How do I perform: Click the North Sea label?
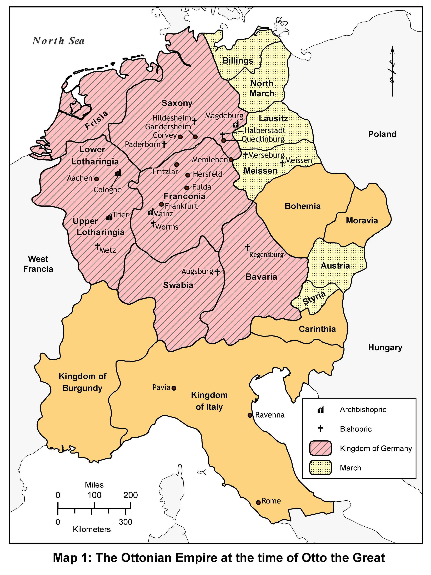pyautogui.click(x=58, y=41)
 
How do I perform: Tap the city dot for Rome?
pyautogui.click(x=258, y=502)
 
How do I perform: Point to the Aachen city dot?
pyautogui.click(x=97, y=179)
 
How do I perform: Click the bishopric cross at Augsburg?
pyautogui.click(x=217, y=272)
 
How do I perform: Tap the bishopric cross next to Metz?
pyautogui.click(x=98, y=246)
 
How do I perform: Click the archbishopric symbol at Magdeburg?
pyautogui.click(x=236, y=125)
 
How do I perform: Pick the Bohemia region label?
pyautogui.click(x=303, y=206)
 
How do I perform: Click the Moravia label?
pyautogui.click(x=362, y=221)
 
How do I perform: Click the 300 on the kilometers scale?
pyautogui.click(x=126, y=522)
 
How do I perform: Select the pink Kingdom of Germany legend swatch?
pyautogui.click(x=320, y=448)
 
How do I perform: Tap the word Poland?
pyautogui.click(x=382, y=134)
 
